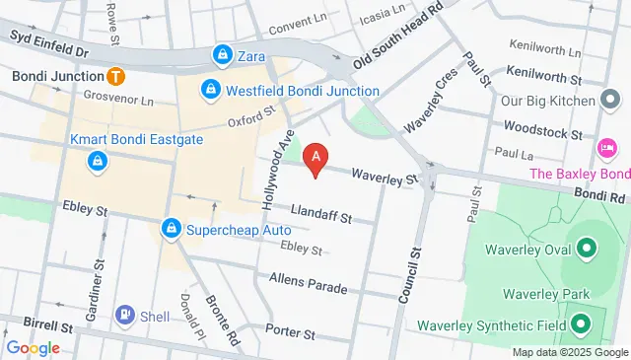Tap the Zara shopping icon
point(224,56)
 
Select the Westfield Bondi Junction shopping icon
point(210,91)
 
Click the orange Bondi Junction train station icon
point(115,75)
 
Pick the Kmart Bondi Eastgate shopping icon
point(98,160)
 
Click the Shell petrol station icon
point(125,315)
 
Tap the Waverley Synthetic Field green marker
point(581,324)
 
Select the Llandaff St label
point(321,214)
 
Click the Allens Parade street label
point(308,284)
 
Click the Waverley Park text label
point(545,294)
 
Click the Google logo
point(33,347)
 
